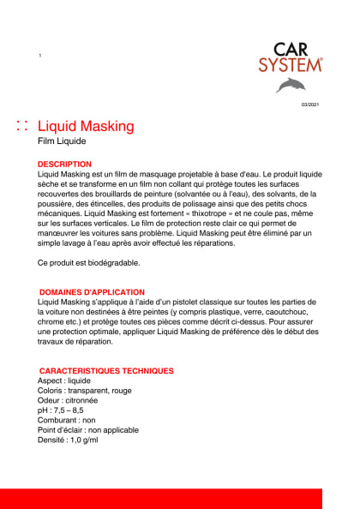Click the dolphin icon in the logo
point(290,84)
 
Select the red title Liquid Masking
point(87,127)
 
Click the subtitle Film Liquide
point(63,141)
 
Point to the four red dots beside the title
point(22,127)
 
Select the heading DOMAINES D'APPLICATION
point(92,292)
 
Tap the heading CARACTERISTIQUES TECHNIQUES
point(106,371)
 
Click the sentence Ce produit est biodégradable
point(88,262)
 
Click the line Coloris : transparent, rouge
point(85,390)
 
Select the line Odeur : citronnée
point(68,400)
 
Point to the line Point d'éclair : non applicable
point(89,430)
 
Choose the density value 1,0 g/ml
point(84,440)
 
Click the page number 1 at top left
point(40,56)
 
